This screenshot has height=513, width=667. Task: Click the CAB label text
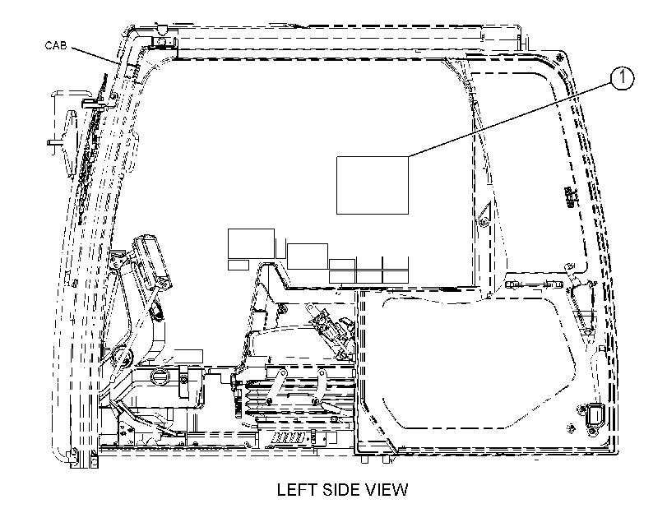[56, 45]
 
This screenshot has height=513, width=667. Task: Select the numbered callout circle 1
[622, 78]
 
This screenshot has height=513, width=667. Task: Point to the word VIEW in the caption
[387, 490]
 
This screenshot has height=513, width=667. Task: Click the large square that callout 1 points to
[373, 185]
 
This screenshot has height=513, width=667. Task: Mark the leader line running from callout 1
[510, 119]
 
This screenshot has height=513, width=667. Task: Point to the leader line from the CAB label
[95, 55]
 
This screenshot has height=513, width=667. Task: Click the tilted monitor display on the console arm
[152, 261]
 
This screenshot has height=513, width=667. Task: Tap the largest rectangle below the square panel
[251, 243]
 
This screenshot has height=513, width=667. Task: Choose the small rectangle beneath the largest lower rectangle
[239, 265]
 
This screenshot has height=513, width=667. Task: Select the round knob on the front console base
[161, 376]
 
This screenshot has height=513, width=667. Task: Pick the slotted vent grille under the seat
[289, 437]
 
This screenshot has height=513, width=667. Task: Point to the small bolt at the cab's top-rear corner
[560, 56]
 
